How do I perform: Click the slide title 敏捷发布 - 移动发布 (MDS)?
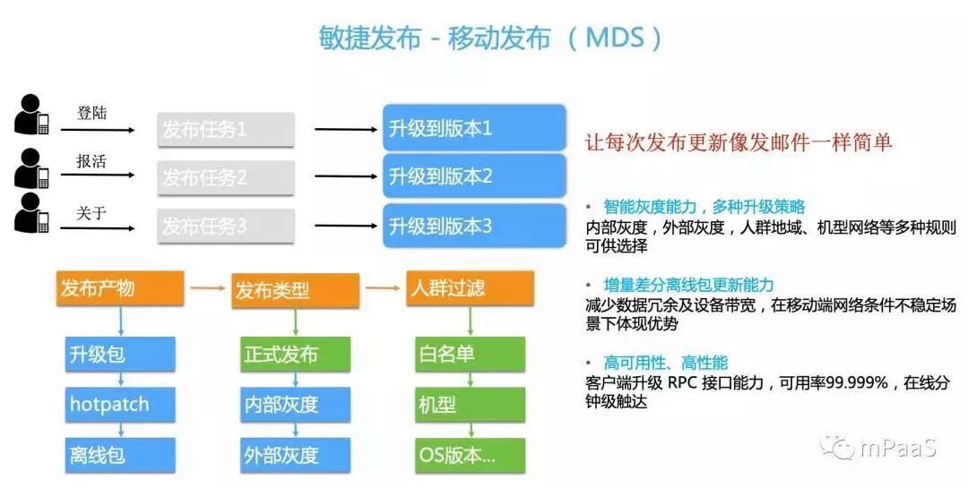tap(491, 38)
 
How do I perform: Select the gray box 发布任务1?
tap(226, 130)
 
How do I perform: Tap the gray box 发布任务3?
tap(226, 227)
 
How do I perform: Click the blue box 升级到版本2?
tap(475, 176)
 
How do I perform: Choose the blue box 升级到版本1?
tap(475, 128)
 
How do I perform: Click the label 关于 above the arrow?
tap(91, 212)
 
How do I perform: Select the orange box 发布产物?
tap(119, 288)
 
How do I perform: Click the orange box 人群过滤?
tap(470, 289)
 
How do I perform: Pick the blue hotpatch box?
tap(119, 405)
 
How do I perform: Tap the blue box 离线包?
tap(119, 455)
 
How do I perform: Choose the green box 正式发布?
tap(294, 355)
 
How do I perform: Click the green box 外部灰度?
tap(294, 455)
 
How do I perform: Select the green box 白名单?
tap(470, 355)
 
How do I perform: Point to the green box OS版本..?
tap(470, 455)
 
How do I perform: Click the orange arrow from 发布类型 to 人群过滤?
tap(383, 288)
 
